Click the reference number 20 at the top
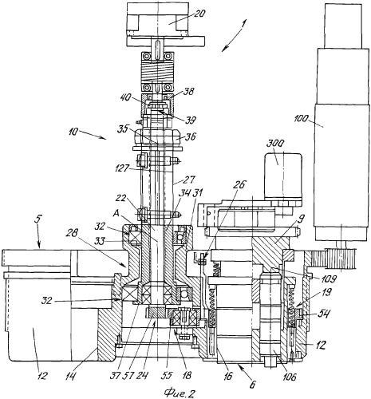[x=199, y=14]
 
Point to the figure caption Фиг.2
[x=180, y=393]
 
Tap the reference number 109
[x=328, y=279]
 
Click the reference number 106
[x=288, y=377]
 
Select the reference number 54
[x=324, y=314]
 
